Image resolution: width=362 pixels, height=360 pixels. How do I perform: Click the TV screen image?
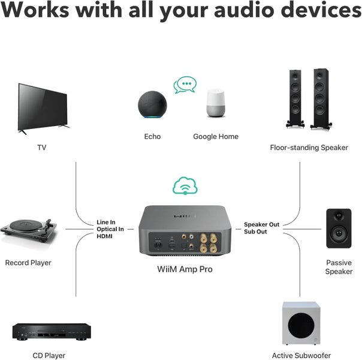coord(44,106)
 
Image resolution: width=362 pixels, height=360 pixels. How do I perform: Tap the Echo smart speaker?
coord(152,106)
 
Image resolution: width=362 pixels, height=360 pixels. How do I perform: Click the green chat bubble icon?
coord(185,85)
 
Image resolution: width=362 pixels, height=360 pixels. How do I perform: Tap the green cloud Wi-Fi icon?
coord(185,185)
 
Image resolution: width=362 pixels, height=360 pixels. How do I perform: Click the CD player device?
coord(51,331)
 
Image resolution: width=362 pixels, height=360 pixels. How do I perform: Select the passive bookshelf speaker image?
coord(339,228)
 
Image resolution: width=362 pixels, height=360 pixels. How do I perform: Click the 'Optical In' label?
coord(110,229)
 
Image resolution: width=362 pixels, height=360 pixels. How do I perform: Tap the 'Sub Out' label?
coord(255,232)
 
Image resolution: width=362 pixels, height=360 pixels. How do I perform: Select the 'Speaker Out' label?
coord(261,224)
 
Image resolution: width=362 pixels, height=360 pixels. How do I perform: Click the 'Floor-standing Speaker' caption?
coord(309,147)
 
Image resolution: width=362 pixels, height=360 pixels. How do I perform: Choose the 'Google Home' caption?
coord(216,137)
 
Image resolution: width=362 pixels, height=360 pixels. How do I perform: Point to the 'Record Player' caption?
coord(28,263)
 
